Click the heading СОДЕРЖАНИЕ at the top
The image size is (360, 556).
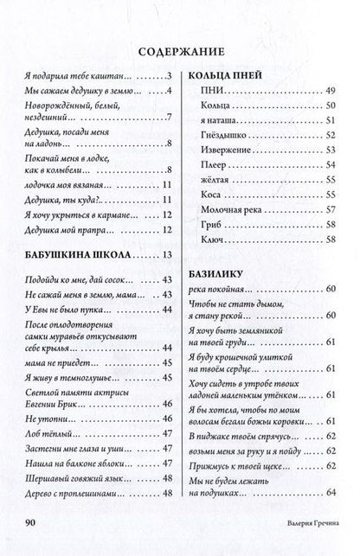click(x=179, y=49)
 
